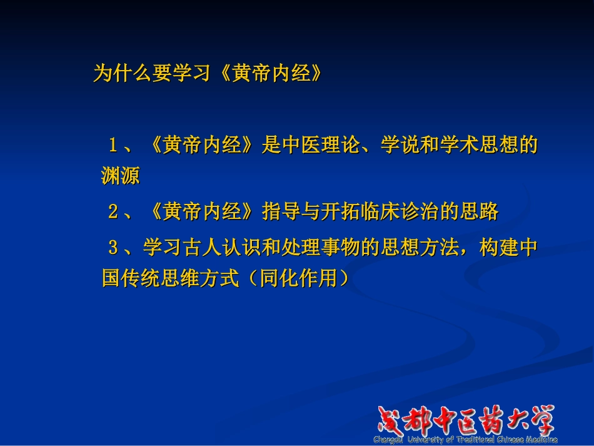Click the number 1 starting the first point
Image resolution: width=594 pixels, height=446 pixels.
tap(113, 146)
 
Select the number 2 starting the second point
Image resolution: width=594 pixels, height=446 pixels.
tap(113, 212)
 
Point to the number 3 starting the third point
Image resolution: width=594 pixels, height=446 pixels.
tap(113, 248)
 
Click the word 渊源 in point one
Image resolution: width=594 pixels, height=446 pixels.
tap(120, 176)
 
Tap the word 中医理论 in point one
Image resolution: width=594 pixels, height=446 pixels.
tap(320, 146)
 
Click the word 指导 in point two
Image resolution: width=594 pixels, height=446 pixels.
tap(280, 212)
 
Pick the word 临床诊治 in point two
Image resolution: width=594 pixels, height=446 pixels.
tap(398, 212)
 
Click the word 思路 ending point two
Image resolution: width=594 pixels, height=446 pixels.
tap(478, 212)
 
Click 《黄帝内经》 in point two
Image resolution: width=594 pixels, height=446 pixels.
tap(202, 212)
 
